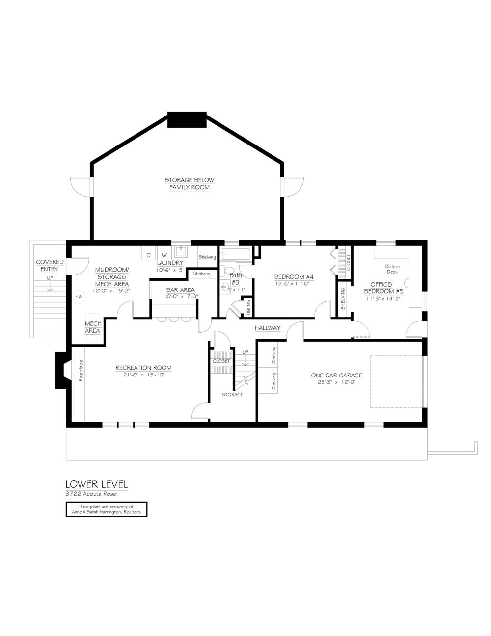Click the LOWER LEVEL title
(97, 484)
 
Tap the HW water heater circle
(79, 297)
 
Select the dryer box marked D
(148, 253)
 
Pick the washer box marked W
(164, 253)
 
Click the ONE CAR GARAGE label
(337, 375)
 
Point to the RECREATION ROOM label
(143, 368)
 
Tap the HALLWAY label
(268, 328)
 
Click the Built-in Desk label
(392, 269)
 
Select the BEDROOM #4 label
(294, 277)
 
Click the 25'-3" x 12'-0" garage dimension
(337, 382)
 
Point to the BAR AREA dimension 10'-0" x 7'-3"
(181, 296)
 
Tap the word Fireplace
(81, 370)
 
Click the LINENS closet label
(249, 307)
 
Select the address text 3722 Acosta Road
(91, 494)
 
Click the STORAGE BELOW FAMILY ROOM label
(190, 183)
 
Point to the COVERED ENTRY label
(50, 266)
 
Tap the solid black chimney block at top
(187, 119)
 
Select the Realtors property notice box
(107, 509)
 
